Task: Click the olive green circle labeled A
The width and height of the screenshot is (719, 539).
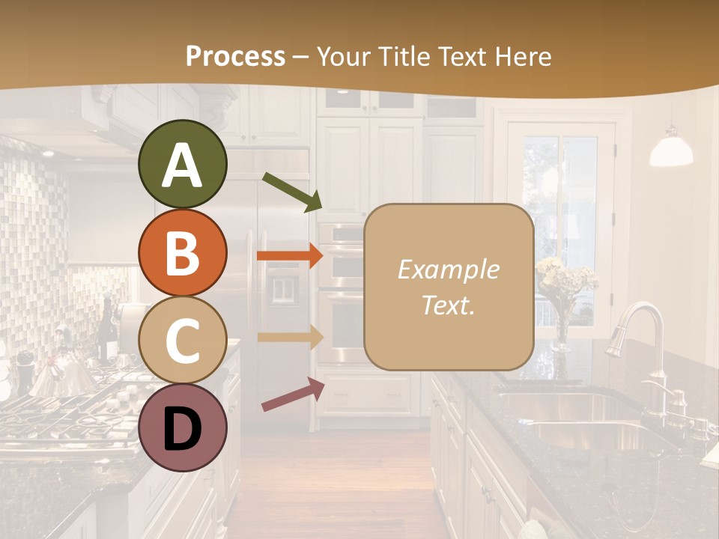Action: coord(182,165)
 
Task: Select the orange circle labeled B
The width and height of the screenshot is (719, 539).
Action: coord(182,252)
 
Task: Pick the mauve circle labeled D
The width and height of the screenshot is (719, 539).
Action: coord(182,427)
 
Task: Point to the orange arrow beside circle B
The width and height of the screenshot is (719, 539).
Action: coord(290,256)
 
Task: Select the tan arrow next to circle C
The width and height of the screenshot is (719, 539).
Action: coord(290,337)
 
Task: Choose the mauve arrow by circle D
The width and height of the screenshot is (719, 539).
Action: coord(293,395)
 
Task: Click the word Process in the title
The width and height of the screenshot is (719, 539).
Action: coord(235,56)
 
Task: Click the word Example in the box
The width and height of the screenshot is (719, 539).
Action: coord(448,269)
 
